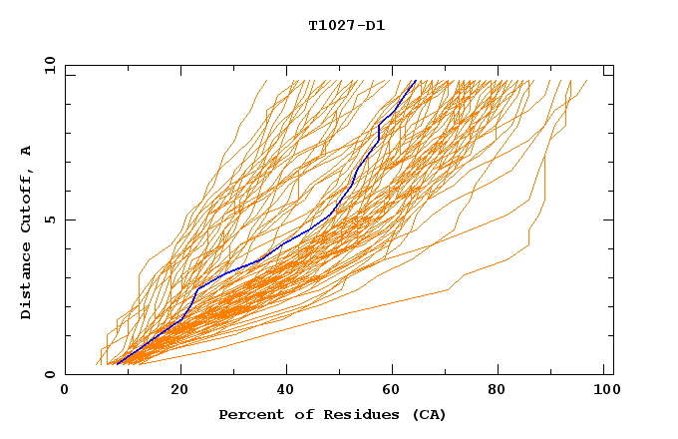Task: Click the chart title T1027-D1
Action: coord(346,25)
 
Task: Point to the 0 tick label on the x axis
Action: coord(65,392)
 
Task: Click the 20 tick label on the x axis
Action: coord(179,392)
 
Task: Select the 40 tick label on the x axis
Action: coord(286,392)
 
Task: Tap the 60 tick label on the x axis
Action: coord(394,392)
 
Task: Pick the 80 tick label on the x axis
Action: coord(502,392)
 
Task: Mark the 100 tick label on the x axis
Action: coord(605,392)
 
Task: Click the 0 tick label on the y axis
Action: coord(50,375)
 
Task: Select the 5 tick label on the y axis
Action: coord(50,219)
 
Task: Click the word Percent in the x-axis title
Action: coord(248,414)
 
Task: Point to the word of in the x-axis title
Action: coord(297,414)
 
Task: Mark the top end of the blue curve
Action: coord(415,80)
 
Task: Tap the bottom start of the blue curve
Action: coord(118,364)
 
